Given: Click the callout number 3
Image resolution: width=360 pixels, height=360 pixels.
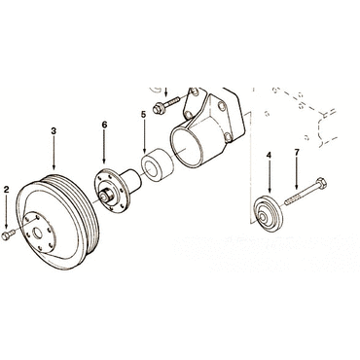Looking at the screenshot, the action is tap(54, 130).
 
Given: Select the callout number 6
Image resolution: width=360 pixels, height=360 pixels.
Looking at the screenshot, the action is tap(104, 125).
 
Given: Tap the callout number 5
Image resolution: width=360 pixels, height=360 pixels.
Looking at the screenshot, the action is tap(144, 114).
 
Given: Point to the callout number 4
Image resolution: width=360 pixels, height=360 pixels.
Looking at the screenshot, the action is tap(269, 156).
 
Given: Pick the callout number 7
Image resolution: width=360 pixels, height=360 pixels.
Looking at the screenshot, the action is tap(297, 152).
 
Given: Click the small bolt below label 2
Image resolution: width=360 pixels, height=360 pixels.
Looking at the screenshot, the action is tap(8, 235).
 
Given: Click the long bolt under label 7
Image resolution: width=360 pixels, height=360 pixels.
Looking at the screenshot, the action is tap(306, 192).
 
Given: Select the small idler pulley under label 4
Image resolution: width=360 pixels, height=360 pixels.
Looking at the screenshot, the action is tap(268, 214).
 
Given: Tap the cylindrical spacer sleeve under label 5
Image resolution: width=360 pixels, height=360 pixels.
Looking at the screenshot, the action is tap(157, 165).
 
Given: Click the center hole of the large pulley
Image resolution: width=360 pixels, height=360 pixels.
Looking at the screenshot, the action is tap(38, 233).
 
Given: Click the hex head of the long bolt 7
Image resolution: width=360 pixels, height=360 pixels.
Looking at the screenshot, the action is tap(320, 183).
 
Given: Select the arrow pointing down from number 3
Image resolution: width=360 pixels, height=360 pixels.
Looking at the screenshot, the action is tap(54, 153).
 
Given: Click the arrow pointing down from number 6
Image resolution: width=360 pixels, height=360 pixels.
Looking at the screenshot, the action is tap(104, 146).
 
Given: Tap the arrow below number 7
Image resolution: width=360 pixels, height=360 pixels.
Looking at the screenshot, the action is tap(297, 172).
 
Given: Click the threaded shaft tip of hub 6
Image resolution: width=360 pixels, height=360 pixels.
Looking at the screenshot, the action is tap(106, 196).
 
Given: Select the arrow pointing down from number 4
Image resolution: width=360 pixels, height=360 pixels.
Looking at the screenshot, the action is tap(269, 176).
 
